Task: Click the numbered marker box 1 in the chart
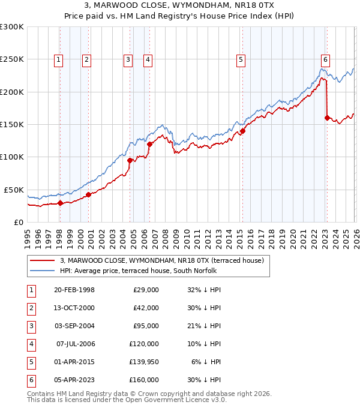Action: click(59, 59)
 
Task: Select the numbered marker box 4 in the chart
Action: click(148, 59)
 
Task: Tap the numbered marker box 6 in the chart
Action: click(325, 59)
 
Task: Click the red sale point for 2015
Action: click(243, 131)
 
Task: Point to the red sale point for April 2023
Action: click(328, 118)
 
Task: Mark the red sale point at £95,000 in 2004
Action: click(130, 160)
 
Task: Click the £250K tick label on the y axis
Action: click(12, 59)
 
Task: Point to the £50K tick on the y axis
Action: click(14, 189)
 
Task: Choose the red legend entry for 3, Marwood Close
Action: click(161, 260)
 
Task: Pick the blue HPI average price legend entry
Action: click(141, 271)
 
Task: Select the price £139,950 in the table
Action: click(143, 362)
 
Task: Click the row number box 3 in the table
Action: click(31, 326)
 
